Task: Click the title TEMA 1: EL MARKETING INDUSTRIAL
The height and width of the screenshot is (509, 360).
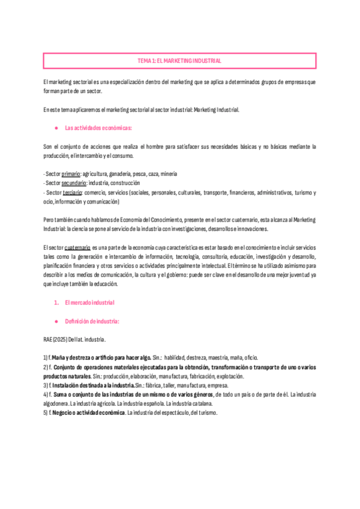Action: (179, 61)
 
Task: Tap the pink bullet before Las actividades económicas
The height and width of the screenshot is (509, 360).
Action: (56, 128)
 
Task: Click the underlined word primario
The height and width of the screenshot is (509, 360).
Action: (71, 173)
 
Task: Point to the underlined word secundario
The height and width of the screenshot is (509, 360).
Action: (74, 182)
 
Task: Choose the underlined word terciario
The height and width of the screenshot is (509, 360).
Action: (72, 193)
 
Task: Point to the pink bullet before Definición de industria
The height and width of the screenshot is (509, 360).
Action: (56, 322)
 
